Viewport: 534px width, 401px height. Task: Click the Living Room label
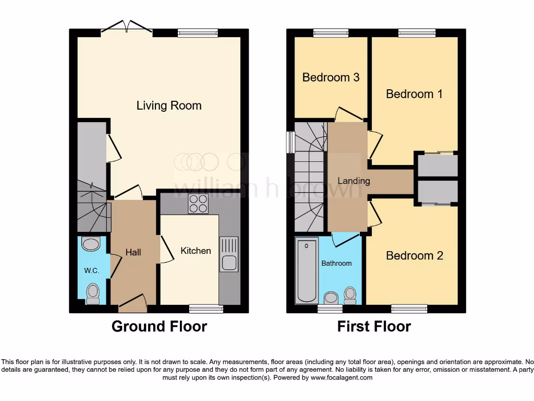(169, 105)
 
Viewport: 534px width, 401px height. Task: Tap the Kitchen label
(196, 251)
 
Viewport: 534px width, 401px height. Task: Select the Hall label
(133, 252)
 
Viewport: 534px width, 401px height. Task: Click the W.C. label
(92, 270)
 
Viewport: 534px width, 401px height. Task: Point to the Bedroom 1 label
(414, 94)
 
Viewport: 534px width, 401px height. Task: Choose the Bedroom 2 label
(414, 255)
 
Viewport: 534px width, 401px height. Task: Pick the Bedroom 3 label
(331, 77)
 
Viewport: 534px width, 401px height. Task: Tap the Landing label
(354, 181)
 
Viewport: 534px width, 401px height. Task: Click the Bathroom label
(336, 263)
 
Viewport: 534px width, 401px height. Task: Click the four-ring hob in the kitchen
(198, 204)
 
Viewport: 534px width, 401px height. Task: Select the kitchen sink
(229, 254)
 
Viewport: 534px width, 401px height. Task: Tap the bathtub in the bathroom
(307, 270)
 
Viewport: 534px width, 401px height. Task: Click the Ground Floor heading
(159, 327)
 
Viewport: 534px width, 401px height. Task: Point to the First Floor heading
(374, 327)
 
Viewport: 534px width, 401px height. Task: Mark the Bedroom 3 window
(331, 33)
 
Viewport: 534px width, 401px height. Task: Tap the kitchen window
(206, 309)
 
